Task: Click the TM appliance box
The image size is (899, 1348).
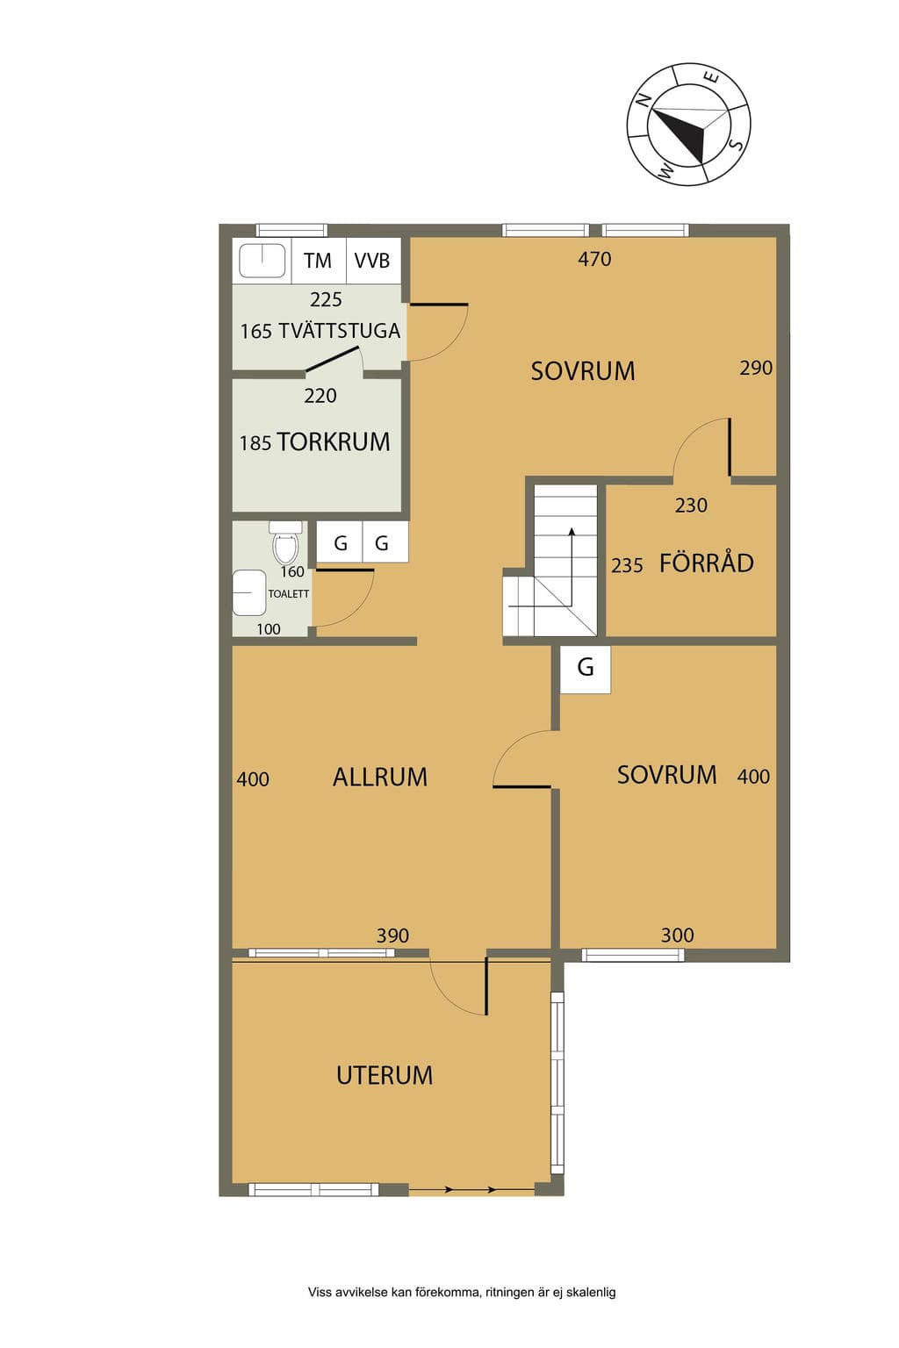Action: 319,261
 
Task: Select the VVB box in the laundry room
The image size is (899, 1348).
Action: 373,261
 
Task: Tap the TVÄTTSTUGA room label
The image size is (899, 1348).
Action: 340,331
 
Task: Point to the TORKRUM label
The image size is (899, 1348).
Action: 334,441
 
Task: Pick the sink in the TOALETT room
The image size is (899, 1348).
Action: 249,592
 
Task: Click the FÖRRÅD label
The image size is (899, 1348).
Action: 707,563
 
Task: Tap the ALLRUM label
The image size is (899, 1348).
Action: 380,777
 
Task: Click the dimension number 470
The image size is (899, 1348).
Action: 594,260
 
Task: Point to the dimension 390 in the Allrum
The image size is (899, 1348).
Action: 392,936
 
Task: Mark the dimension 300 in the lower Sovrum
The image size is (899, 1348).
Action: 678,936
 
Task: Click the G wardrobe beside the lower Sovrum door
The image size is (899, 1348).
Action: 586,670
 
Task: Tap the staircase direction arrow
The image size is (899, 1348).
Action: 572,567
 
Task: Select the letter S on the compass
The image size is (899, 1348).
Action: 737,145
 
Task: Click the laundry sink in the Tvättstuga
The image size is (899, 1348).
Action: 262,261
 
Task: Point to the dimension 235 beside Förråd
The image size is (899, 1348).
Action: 627,566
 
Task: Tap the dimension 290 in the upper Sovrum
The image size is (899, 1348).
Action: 756,368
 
